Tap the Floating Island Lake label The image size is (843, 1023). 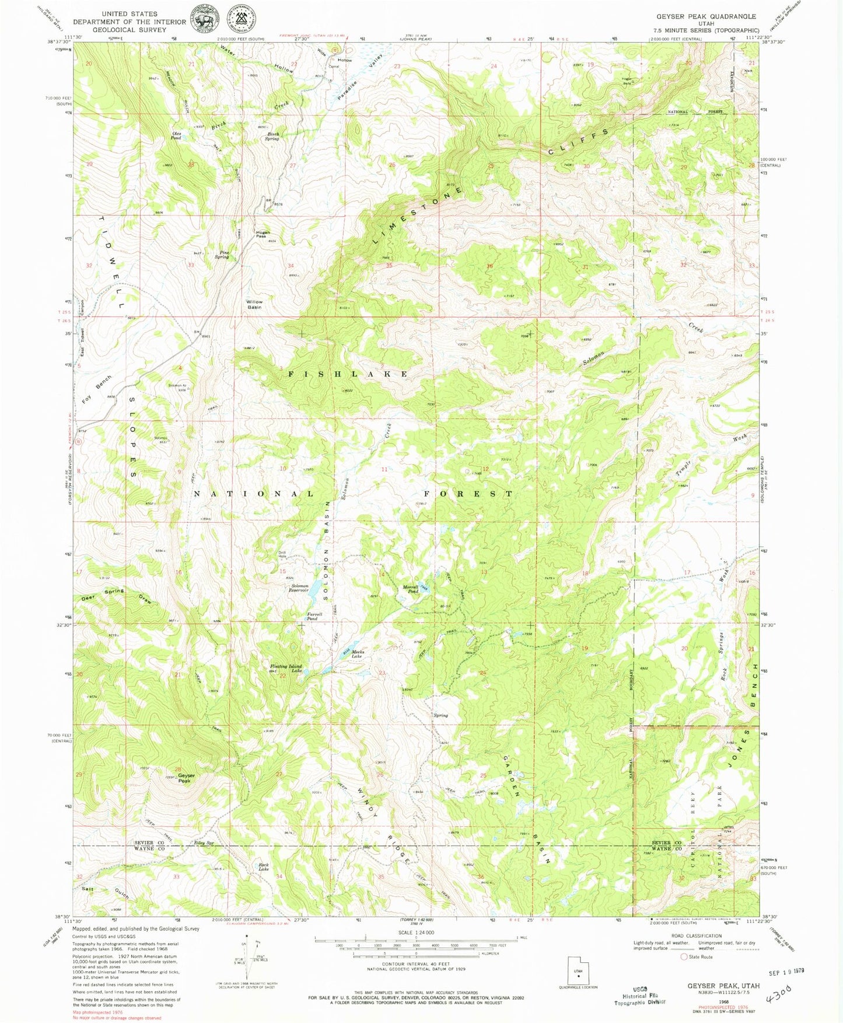pos(286,668)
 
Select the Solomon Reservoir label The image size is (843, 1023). pos(300,587)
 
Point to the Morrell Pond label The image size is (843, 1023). pos(411,589)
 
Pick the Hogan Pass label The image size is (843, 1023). pos(263,234)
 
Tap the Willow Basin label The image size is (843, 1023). pos(254,304)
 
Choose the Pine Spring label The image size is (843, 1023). pos(222,255)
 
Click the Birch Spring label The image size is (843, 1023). pos(272,136)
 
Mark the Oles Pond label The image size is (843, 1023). pos(176,135)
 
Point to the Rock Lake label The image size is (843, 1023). pos(264,867)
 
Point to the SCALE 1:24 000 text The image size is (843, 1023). pos(416,932)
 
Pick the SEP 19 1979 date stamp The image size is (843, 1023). pos(786,971)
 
